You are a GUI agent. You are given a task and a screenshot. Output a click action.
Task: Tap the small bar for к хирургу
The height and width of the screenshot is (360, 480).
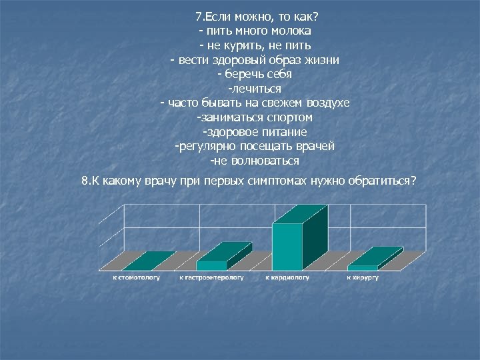pos(363,267)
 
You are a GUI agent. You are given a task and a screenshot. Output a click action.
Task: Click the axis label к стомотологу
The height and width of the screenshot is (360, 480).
pos(135,277)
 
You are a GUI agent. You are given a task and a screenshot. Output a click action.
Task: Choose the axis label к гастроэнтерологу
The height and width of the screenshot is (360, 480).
pos(211,277)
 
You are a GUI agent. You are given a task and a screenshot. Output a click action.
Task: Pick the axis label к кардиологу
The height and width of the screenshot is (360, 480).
pos(287,277)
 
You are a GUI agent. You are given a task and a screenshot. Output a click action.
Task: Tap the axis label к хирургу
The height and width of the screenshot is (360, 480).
pos(362,277)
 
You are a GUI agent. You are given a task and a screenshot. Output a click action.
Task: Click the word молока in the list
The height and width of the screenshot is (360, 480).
pos(293,31)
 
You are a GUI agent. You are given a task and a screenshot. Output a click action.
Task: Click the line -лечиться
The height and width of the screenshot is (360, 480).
pos(255,89)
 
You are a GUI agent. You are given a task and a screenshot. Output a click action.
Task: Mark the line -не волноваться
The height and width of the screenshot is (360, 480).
pos(254,161)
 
